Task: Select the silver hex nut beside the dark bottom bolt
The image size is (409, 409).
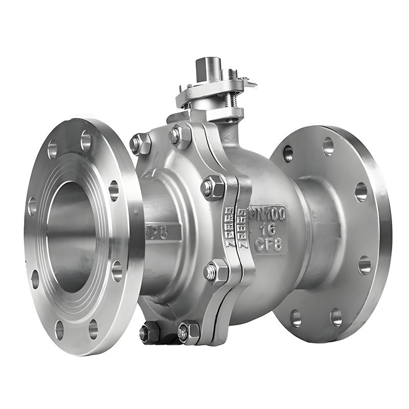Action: click(188, 332)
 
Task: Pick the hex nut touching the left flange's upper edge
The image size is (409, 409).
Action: click(139, 144)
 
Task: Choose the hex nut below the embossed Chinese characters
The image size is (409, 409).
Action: click(216, 271)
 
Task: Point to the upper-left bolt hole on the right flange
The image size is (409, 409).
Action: click(288, 153)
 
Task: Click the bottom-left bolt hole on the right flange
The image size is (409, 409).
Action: click(296, 318)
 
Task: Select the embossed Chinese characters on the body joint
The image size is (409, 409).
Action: click(238, 228)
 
